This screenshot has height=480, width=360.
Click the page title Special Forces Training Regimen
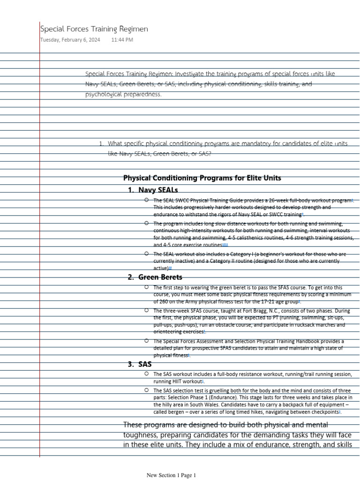(94, 29)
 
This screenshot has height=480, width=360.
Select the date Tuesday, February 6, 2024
(70, 40)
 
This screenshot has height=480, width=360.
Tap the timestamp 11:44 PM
(122, 40)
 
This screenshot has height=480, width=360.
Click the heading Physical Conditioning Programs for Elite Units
(202, 178)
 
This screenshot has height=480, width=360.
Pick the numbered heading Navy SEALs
(158, 190)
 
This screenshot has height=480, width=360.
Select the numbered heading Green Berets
(160, 277)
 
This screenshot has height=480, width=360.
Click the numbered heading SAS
(145, 364)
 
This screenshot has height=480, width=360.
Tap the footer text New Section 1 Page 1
(171, 475)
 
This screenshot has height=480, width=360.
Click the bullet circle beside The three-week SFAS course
(147, 310)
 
